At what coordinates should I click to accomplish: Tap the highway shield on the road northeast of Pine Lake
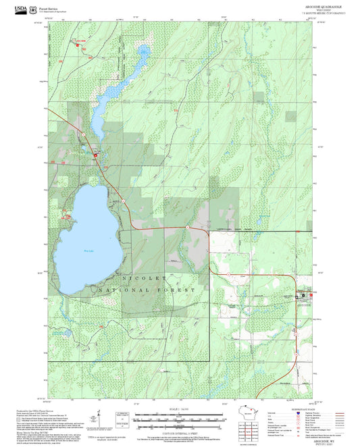(124, 201)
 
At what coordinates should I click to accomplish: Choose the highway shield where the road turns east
(186, 229)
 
